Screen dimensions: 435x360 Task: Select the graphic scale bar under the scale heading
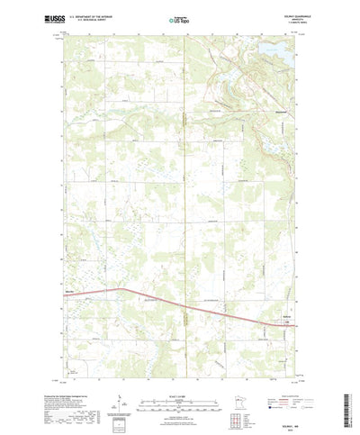pyautogui.click(x=179, y=378)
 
